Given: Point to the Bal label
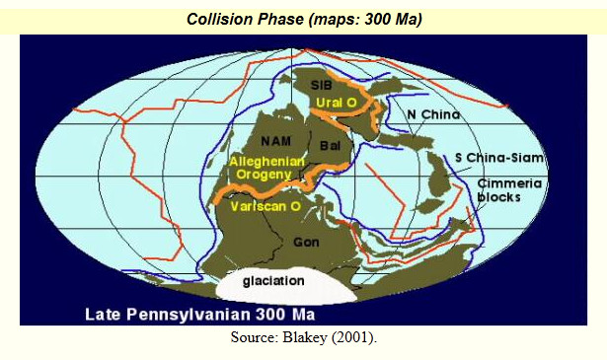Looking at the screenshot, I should point(330,146).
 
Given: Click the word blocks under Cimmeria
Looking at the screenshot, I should point(499,197).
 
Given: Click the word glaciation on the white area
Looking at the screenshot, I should point(273,281).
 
